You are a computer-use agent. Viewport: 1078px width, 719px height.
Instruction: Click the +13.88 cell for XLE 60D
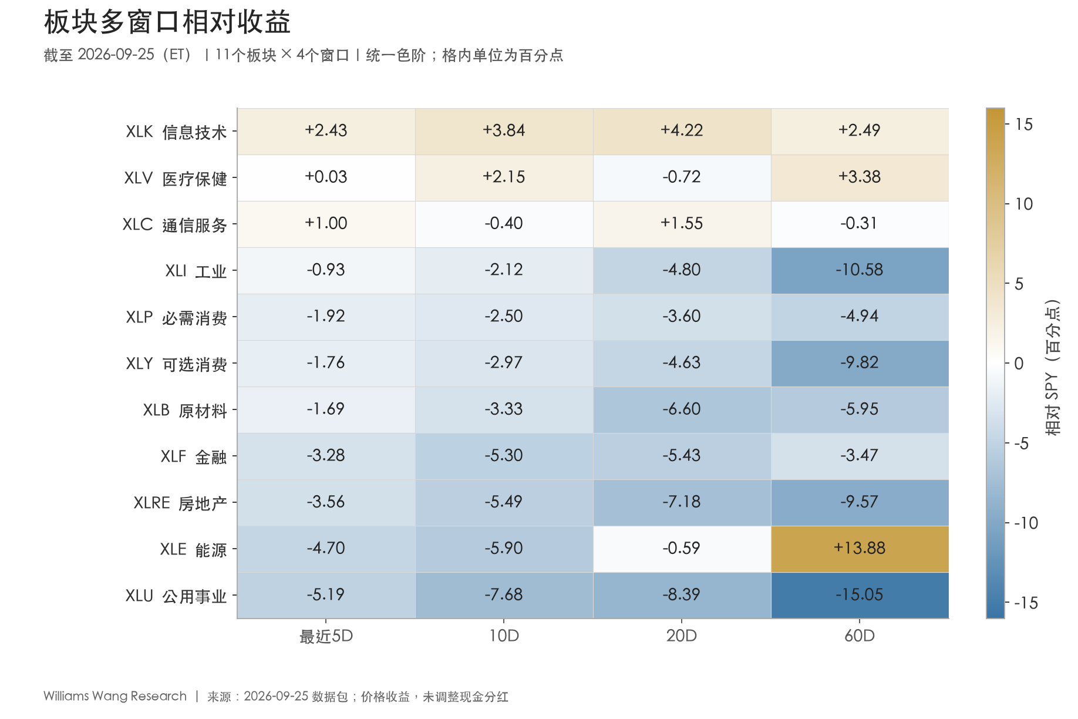coord(860,549)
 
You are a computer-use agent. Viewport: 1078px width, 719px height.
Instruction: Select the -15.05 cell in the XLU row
coord(860,595)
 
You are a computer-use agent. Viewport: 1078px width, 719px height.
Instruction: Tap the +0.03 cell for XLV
coord(326,177)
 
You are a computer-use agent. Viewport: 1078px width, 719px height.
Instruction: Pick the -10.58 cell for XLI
coord(860,270)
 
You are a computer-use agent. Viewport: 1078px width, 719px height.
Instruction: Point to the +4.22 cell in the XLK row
coord(682,131)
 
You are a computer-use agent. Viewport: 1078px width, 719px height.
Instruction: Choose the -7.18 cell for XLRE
coord(682,502)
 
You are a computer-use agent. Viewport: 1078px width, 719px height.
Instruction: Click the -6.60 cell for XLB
coord(682,409)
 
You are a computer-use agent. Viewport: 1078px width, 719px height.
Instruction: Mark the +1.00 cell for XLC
coord(326,224)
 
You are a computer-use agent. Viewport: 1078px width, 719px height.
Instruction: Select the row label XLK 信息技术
coord(176,132)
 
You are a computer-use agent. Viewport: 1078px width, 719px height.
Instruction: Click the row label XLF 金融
coord(194,456)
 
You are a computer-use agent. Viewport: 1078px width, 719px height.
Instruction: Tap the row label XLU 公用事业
coord(176,596)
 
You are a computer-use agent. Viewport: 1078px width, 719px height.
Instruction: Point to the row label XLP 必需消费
coord(176,317)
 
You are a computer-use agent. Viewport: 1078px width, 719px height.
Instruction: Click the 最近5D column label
coord(326,636)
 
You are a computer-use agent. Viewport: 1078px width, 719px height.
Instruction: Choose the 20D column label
coord(682,636)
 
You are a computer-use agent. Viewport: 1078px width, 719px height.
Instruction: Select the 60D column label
coord(860,636)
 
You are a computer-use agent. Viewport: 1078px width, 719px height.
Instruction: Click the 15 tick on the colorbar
coord(1023,125)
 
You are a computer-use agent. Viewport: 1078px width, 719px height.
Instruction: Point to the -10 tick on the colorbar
coord(1026,523)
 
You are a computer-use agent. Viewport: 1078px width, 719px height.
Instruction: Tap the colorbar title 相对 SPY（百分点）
coord(1053,367)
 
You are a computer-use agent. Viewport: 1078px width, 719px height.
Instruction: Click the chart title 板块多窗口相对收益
coord(167,22)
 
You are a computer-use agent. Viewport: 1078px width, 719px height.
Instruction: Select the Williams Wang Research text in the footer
coord(115,696)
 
